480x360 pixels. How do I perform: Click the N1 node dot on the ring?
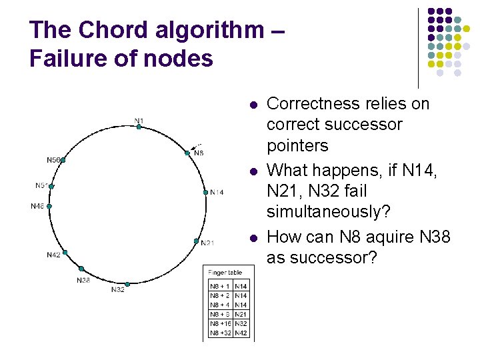click(x=139, y=127)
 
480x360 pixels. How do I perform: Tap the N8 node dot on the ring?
click(x=187, y=153)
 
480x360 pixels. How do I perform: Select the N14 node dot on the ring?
click(x=205, y=192)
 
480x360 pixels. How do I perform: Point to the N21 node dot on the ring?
click(x=197, y=241)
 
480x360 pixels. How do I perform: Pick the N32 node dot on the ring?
click(x=127, y=284)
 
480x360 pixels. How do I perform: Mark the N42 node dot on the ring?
click(x=65, y=252)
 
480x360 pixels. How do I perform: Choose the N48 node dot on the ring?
click(x=49, y=207)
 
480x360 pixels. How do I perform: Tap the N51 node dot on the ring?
click(x=51, y=187)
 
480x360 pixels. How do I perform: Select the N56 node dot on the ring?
click(x=63, y=160)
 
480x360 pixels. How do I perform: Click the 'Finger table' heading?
click(x=225, y=273)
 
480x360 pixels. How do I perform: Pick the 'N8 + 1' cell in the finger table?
click(x=220, y=286)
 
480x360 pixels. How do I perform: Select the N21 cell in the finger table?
click(x=241, y=314)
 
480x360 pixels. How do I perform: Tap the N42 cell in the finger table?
click(x=241, y=333)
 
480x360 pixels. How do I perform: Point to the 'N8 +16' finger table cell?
click(x=220, y=323)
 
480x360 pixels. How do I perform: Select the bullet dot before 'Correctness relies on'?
click(x=253, y=105)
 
